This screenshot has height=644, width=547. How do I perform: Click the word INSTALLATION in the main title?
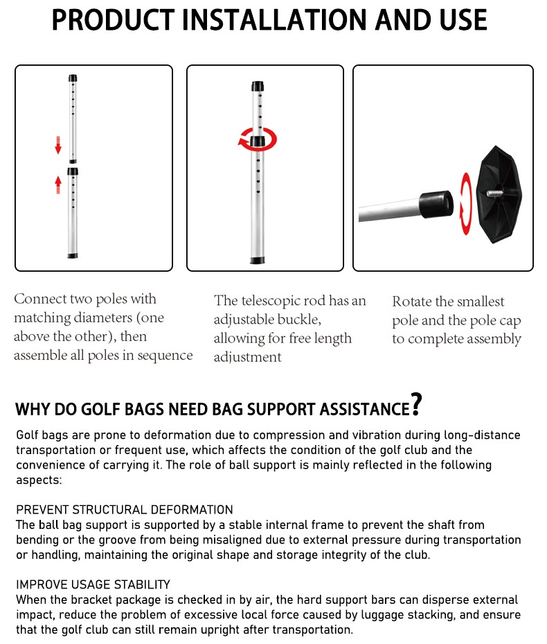coord(273,20)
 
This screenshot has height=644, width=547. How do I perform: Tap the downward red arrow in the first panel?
coord(59,146)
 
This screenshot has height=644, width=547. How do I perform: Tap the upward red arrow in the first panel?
coord(59,185)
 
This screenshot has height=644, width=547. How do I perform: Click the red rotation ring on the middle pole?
coord(257,139)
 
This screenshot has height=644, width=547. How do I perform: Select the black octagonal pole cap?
coord(502,193)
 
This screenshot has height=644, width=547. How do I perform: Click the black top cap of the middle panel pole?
coord(258,86)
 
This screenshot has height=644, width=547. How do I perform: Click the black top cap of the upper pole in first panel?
coord(73,78)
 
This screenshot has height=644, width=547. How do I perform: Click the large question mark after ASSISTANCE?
coord(415,405)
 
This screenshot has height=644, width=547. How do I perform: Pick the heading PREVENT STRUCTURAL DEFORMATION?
coord(125,510)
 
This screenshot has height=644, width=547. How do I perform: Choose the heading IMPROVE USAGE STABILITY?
coord(93,584)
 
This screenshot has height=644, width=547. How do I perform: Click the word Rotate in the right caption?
coord(414,302)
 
